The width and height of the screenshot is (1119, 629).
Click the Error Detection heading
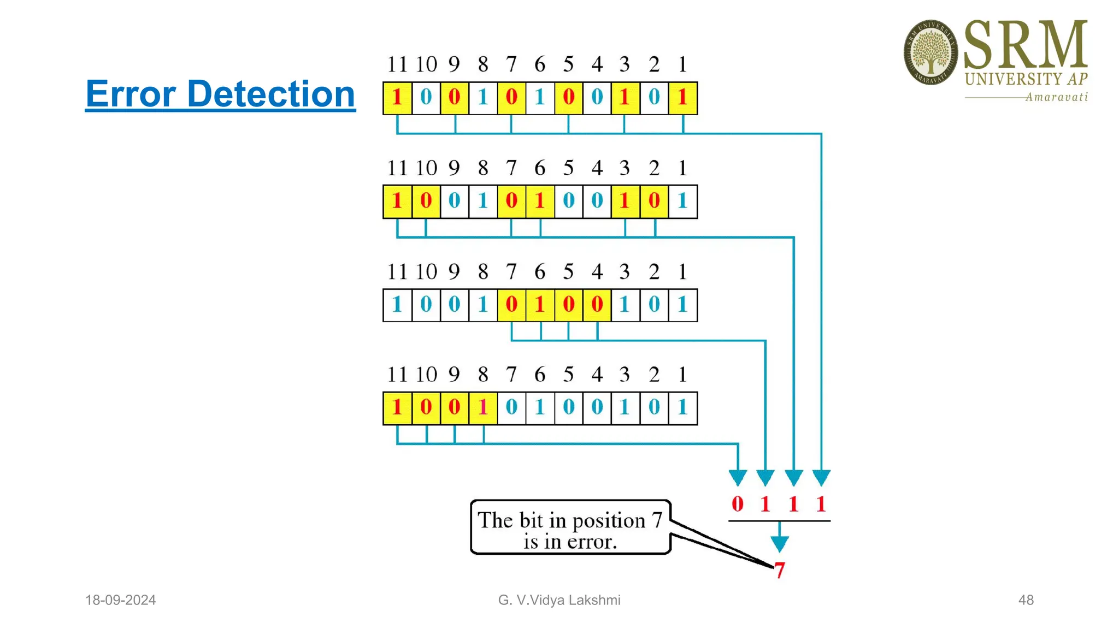[x=220, y=94]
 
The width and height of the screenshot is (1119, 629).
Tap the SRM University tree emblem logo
[x=930, y=52]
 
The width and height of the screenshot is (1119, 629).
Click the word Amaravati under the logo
[x=1056, y=97]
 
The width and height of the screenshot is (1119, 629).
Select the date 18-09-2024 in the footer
[x=120, y=600]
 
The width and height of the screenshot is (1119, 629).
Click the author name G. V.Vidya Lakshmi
[x=559, y=600]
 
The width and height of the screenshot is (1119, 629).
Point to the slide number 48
[x=1026, y=600]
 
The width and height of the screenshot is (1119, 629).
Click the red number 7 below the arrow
[x=780, y=570]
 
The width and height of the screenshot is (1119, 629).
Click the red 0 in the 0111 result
[x=737, y=503]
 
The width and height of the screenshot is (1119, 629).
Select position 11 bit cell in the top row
[x=397, y=98]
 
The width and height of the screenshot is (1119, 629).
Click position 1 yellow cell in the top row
[x=682, y=98]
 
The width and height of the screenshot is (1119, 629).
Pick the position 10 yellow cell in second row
[x=426, y=201]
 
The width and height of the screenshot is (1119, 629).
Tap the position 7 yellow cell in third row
[x=511, y=305]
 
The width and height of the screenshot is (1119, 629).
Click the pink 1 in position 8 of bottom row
[x=483, y=408]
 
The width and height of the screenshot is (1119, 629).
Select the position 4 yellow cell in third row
[x=597, y=305]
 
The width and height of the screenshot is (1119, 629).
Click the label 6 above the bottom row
[x=540, y=375]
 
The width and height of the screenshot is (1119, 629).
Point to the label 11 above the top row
[x=397, y=64]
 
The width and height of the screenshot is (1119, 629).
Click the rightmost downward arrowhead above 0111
[x=821, y=477]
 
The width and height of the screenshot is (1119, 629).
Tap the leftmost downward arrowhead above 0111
[x=738, y=477]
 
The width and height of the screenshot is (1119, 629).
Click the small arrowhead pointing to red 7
[x=779, y=543]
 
